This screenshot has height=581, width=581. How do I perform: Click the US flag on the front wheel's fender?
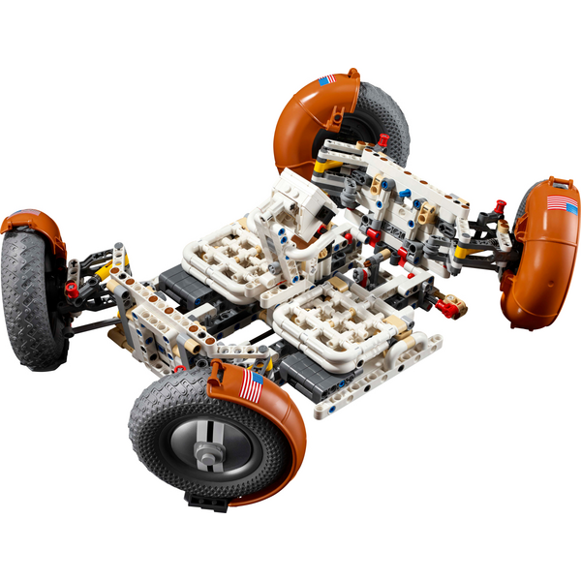251,386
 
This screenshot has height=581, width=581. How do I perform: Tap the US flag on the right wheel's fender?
561,204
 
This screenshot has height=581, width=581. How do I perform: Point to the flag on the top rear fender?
327,79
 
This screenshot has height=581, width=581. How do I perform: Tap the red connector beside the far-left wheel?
71,288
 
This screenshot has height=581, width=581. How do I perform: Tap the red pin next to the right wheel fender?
500,206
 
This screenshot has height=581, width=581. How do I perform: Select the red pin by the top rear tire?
383,140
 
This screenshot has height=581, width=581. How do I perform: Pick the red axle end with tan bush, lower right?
447,308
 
